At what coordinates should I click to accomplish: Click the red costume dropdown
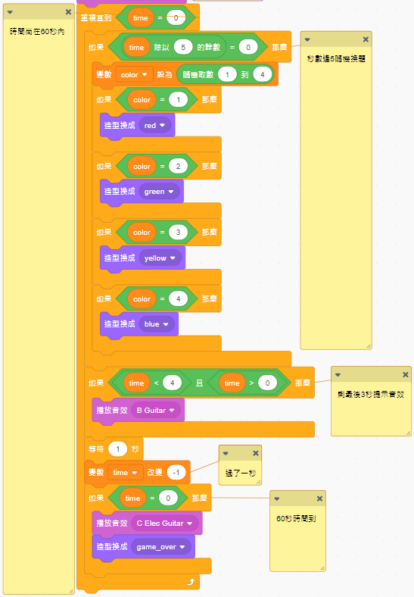154,125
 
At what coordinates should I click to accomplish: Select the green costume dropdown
159,192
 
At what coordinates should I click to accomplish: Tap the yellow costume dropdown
160,258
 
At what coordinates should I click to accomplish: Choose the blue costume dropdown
156,324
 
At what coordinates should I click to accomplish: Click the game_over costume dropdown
161,547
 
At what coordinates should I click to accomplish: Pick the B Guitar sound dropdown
156,410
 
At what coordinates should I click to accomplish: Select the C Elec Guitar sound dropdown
165,524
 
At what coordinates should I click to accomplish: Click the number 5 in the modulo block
183,47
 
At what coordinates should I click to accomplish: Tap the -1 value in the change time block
176,473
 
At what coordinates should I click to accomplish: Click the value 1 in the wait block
117,449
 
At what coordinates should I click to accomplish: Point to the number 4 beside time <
172,383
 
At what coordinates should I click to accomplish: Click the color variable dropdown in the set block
134,74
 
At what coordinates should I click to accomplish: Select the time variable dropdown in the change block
125,473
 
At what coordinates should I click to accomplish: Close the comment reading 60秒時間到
319,499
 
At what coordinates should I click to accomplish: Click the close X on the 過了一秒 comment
256,453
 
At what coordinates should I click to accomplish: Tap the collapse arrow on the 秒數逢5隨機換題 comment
307,39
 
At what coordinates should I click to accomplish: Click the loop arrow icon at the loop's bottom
191,581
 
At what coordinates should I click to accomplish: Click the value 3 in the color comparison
178,233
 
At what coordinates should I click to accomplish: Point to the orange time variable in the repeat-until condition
141,17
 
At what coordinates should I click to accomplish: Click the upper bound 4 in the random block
262,74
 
